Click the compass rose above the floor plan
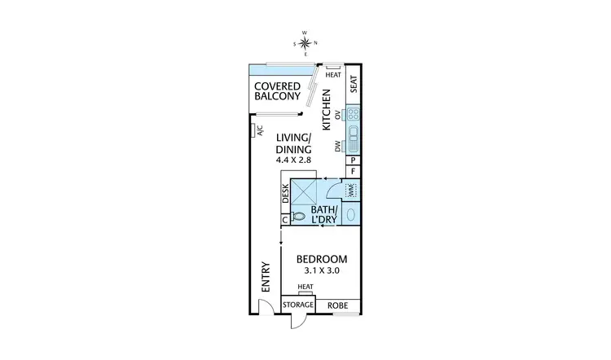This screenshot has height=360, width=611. pos(305,42)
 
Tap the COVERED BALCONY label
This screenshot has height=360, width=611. pos(279,92)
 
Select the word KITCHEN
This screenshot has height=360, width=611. pos(326,111)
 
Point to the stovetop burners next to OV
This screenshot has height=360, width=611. pos(354,115)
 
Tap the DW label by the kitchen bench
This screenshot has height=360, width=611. pos(337,147)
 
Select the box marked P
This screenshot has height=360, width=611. pos(354,160)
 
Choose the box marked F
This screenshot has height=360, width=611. pos(354,172)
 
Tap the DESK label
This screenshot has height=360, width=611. pos(286,193)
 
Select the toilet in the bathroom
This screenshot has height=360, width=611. pos(299,217)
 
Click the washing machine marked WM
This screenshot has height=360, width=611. pos(352,190)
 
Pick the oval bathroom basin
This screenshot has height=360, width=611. pos(351,215)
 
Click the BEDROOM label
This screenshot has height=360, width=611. pos(321,258)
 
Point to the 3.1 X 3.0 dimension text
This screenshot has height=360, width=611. pos(321,270)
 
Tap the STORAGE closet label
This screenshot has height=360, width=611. pos(298,305)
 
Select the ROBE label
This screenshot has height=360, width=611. pos(337,305)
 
